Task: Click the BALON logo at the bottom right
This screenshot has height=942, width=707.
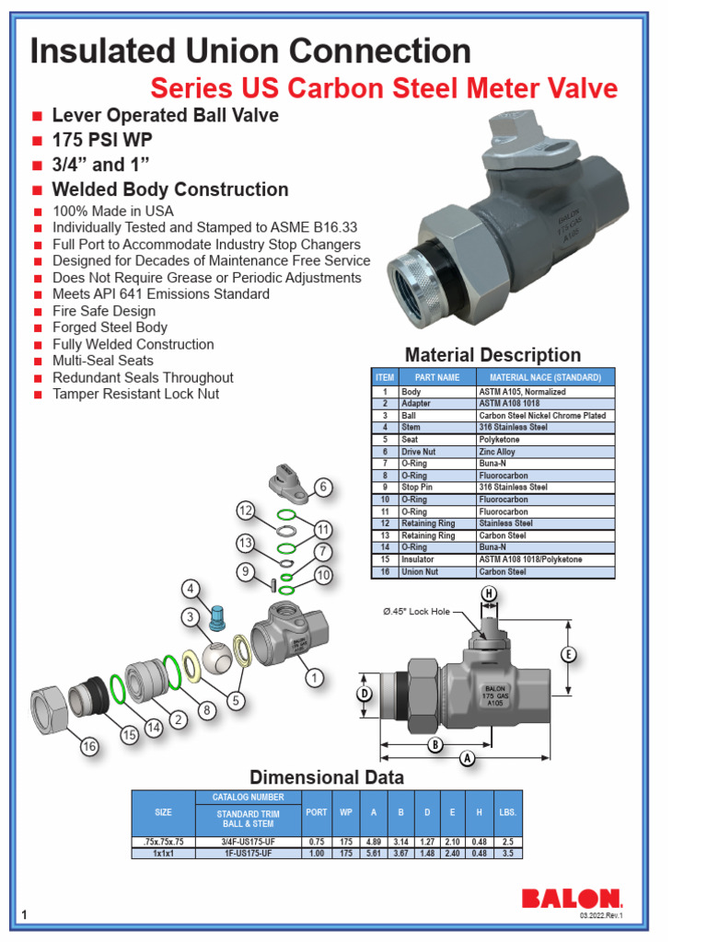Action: pyautogui.click(x=572, y=898)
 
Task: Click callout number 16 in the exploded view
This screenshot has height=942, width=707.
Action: pyautogui.click(x=89, y=747)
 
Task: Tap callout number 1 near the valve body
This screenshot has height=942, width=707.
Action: pyautogui.click(x=315, y=678)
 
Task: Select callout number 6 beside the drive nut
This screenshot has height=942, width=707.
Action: pyautogui.click(x=322, y=487)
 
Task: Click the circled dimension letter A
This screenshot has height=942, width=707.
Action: pyautogui.click(x=467, y=758)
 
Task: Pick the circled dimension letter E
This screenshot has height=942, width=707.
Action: pyautogui.click(x=568, y=654)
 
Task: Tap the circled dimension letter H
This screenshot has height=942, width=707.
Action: pyautogui.click(x=488, y=593)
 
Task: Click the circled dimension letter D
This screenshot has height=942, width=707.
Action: pyautogui.click(x=365, y=693)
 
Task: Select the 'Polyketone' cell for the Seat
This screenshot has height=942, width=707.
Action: pyautogui.click(x=499, y=440)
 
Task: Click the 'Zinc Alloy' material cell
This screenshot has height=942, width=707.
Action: pyautogui.click(x=498, y=452)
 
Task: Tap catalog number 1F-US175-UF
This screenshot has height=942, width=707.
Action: pyautogui.click(x=248, y=853)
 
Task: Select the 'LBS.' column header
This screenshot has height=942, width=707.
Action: pyautogui.click(x=507, y=812)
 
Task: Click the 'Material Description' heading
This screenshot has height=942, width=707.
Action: pyautogui.click(x=493, y=355)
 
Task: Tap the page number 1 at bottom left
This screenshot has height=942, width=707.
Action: pyautogui.click(x=24, y=913)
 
